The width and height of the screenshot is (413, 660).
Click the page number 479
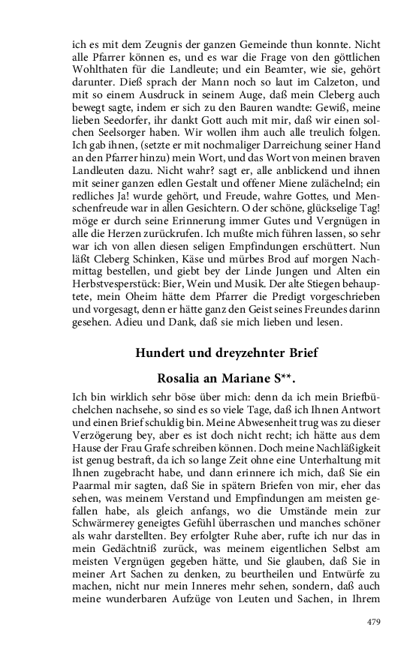coord(374,622)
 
